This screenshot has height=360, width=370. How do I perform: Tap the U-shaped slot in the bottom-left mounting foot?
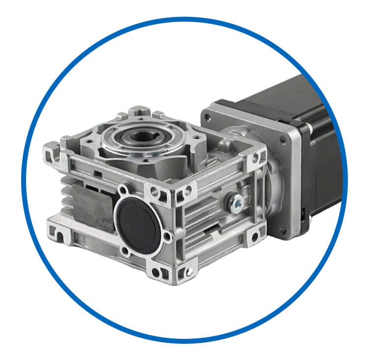pyautogui.click(x=57, y=237)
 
